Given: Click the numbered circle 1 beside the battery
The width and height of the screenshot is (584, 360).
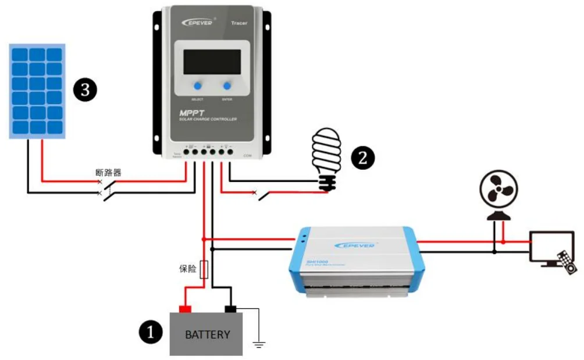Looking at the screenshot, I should click(151, 333).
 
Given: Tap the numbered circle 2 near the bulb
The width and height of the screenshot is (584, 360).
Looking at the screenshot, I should click(363, 158).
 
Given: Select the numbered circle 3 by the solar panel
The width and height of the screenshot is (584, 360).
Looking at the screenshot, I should click(85, 90).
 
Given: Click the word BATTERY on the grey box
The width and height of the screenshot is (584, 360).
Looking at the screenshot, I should click(207, 335).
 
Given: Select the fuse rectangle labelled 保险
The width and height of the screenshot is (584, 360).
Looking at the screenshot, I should click(204, 270).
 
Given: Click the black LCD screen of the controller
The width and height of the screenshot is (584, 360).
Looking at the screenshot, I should click(212, 62).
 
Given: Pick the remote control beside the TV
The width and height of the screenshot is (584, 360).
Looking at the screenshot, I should click(567, 262).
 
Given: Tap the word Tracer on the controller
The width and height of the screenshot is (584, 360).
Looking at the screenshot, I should click(238, 23).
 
